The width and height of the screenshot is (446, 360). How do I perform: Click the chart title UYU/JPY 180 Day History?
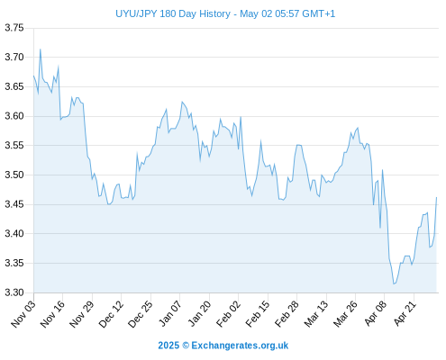tap(173, 13)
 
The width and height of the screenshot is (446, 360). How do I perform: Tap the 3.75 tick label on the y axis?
tap(14, 28)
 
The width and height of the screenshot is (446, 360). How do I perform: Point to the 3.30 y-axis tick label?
tap(14, 292)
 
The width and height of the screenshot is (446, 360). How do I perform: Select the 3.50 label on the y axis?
tap(14, 175)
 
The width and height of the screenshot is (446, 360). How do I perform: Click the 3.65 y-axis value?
tap(14, 86)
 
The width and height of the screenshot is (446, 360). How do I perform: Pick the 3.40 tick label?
tap(14, 233)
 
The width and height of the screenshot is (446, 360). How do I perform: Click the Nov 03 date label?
tap(23, 313)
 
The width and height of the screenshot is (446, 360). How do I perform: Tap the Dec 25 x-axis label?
tap(141, 313)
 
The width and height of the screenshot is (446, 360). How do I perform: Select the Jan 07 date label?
tap(169, 313)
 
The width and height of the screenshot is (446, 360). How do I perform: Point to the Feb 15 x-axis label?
tap(258, 313)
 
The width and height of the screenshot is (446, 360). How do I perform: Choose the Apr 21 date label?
tap(405, 313)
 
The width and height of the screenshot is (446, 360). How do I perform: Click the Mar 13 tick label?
tap(316, 313)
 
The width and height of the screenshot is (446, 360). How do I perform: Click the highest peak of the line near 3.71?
tap(41, 49)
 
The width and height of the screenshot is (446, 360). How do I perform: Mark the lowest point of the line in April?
tap(394, 283)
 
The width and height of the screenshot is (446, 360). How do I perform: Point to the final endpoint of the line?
tap(436, 197)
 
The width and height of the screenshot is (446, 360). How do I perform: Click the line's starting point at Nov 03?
tap(33, 76)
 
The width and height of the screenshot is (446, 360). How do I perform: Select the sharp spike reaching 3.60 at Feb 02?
tap(241, 117)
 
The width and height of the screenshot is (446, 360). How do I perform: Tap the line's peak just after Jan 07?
tap(182, 102)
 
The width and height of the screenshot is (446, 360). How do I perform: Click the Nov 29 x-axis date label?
tap(82, 313)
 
